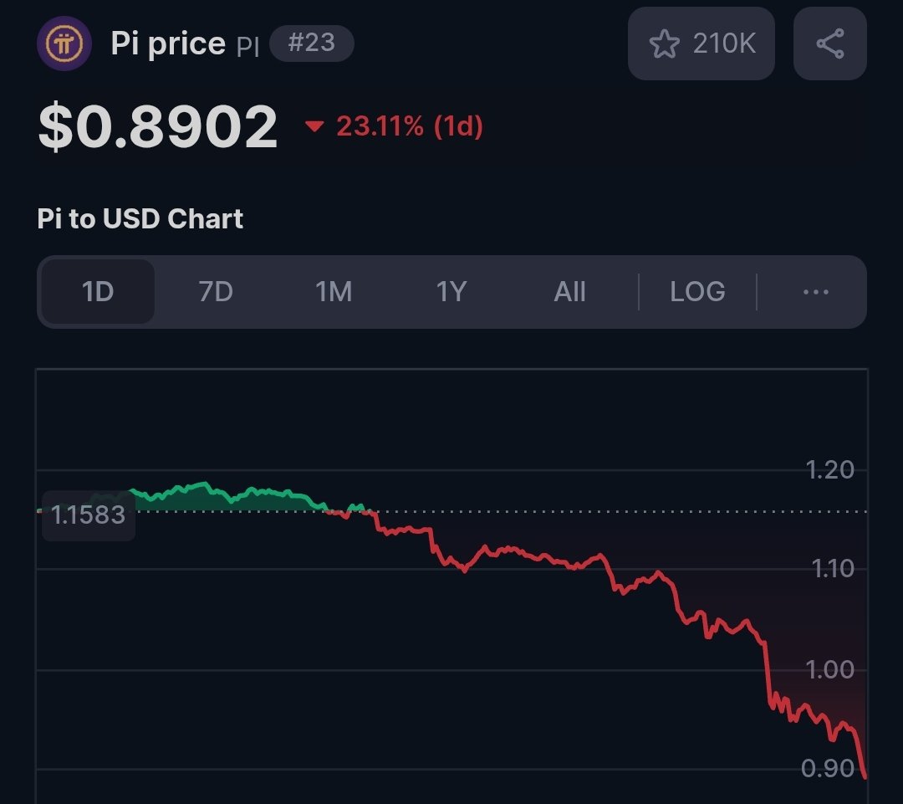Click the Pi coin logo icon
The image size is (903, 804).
pos(64,44)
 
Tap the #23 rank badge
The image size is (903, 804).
pos(311,44)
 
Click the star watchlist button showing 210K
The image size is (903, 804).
pos(701,44)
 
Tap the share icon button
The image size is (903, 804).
pos(829,44)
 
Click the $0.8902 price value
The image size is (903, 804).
pos(158,127)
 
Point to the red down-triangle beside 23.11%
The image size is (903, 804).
pos(314,127)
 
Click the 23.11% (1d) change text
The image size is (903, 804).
pos(410,127)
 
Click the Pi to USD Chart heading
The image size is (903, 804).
pos(140,219)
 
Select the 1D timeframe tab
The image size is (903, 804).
pos(98,292)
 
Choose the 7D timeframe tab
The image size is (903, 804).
pos(215,292)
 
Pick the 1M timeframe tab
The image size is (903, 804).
pos(333,292)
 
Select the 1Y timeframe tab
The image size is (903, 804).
pos(451,292)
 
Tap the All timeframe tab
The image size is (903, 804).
pos(569,292)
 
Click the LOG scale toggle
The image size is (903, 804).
pos(697,292)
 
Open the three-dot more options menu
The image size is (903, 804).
pos(814,292)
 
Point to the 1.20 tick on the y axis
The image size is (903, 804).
pos(830,470)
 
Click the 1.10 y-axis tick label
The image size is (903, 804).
pos(832,570)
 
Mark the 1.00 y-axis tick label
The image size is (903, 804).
pos(830,670)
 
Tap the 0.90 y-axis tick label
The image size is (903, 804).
pos(827,768)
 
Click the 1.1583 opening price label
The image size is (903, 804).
pos(88,515)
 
